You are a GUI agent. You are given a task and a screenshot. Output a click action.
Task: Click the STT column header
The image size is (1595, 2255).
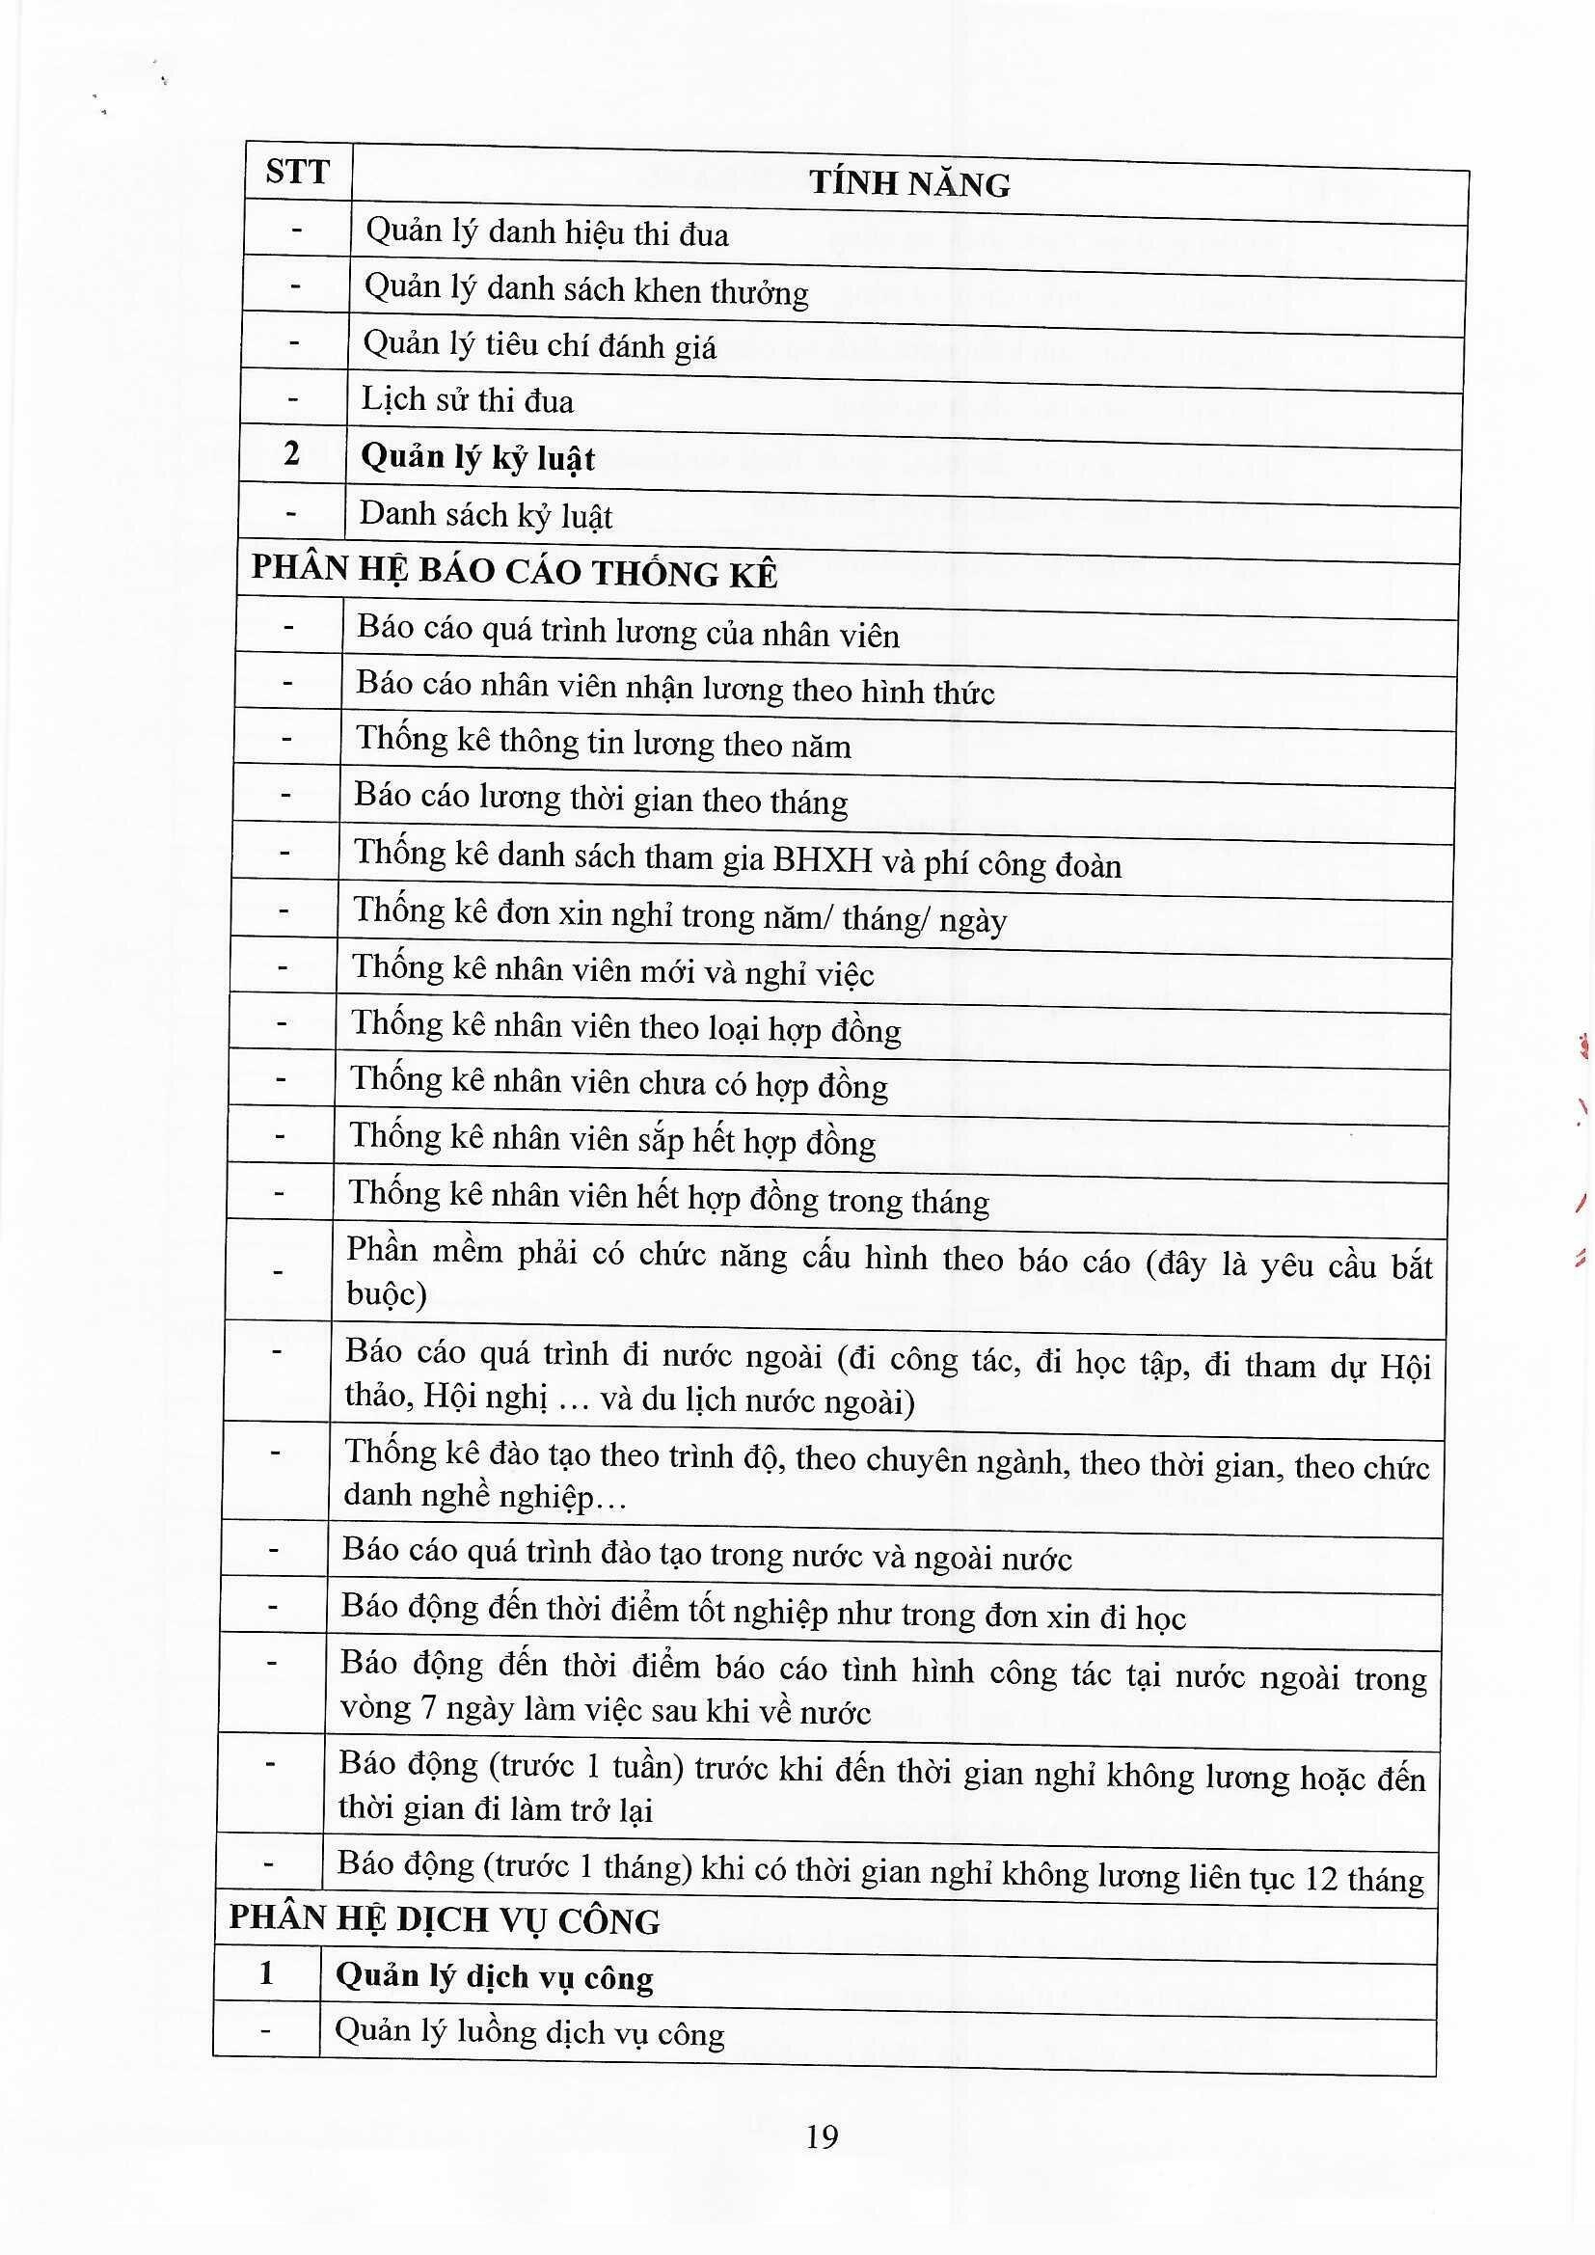tap(297, 173)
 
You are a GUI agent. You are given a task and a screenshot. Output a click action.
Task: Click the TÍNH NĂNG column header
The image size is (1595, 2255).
tap(909, 184)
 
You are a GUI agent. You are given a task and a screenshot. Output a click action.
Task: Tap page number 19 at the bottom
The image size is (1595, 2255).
tap(821, 2137)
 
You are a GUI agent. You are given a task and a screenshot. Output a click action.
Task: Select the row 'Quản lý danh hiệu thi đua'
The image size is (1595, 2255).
tap(547, 233)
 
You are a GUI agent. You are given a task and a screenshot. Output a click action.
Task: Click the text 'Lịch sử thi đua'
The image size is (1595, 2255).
tap(468, 399)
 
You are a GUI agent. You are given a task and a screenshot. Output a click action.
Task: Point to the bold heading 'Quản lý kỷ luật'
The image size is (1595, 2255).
tap(478, 458)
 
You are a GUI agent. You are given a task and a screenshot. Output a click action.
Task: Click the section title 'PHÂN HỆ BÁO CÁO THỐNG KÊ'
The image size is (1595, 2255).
tap(515, 573)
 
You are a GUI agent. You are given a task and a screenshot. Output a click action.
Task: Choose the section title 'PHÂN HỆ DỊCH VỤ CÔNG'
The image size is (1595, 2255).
tap(445, 1920)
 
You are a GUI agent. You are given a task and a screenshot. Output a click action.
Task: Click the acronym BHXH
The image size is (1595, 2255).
tap(822, 861)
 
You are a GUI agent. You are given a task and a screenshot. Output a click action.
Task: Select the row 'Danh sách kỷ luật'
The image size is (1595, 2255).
tap(486, 515)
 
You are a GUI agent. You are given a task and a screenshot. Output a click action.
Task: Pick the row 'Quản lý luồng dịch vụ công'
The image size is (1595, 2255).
tap(530, 2032)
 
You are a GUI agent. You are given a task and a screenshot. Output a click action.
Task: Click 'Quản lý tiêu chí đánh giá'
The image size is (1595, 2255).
tap(540, 344)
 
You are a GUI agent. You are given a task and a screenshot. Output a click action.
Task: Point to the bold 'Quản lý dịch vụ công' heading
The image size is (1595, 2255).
tap(495, 1976)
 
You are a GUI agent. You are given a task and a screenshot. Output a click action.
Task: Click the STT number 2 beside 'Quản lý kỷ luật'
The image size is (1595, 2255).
tap(291, 453)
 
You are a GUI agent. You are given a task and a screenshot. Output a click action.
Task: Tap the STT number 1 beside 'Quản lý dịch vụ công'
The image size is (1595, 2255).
tap(266, 1972)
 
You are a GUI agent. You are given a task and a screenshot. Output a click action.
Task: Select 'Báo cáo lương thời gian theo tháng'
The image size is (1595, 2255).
tap(601, 800)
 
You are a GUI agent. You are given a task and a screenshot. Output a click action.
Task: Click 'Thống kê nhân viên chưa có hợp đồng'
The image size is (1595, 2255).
tap(620, 1082)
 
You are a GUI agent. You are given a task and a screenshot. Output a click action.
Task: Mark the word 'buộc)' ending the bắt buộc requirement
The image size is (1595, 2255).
tap(386, 1293)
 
